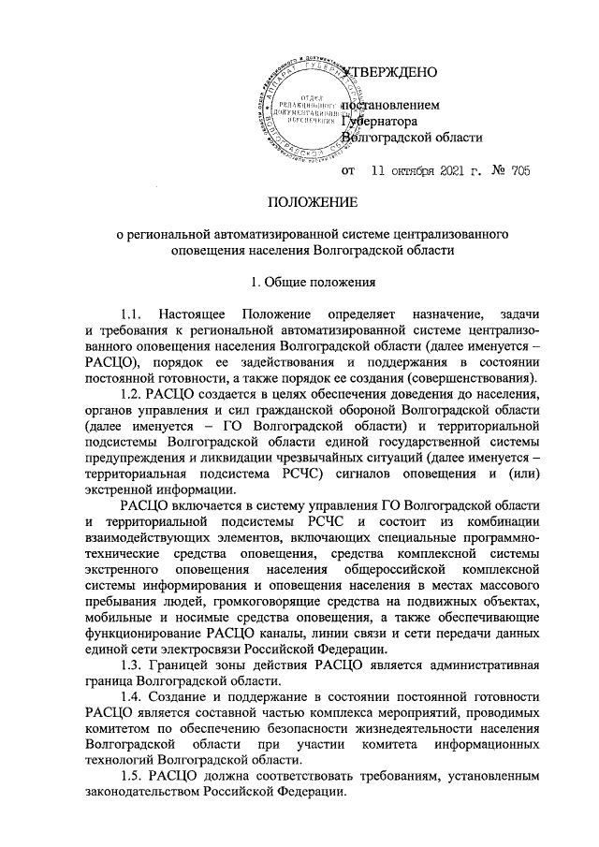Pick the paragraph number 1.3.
pyautogui.click(x=131, y=664)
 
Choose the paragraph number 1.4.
pyautogui.click(x=131, y=698)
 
